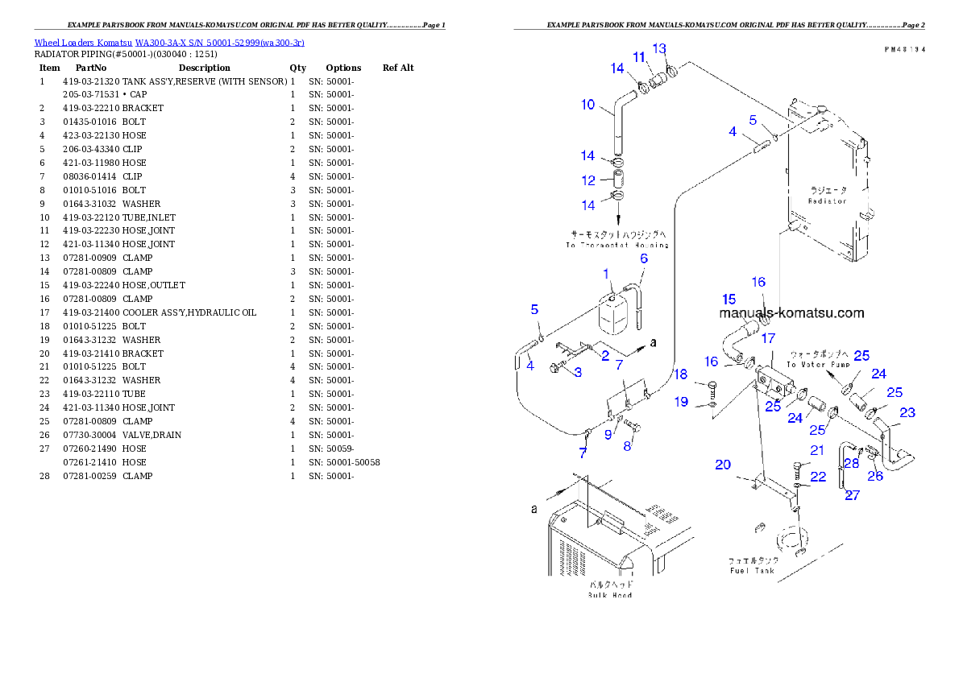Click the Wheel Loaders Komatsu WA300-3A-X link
point(169,42)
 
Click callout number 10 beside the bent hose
point(588,104)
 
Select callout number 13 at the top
point(659,48)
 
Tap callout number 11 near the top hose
point(639,57)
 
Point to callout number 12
point(589,180)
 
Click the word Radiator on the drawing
point(828,201)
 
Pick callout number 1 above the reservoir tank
point(606,275)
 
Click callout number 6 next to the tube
point(644,258)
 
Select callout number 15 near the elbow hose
point(729,300)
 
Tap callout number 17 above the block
point(768,338)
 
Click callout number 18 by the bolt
point(682,374)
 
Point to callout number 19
point(682,401)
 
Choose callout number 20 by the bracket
point(723,464)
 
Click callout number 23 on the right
point(907,412)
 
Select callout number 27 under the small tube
point(852,495)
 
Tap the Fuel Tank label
point(752,570)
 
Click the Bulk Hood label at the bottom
point(609,594)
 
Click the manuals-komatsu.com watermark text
point(791,313)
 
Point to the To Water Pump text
point(818,365)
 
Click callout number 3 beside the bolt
point(578,373)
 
